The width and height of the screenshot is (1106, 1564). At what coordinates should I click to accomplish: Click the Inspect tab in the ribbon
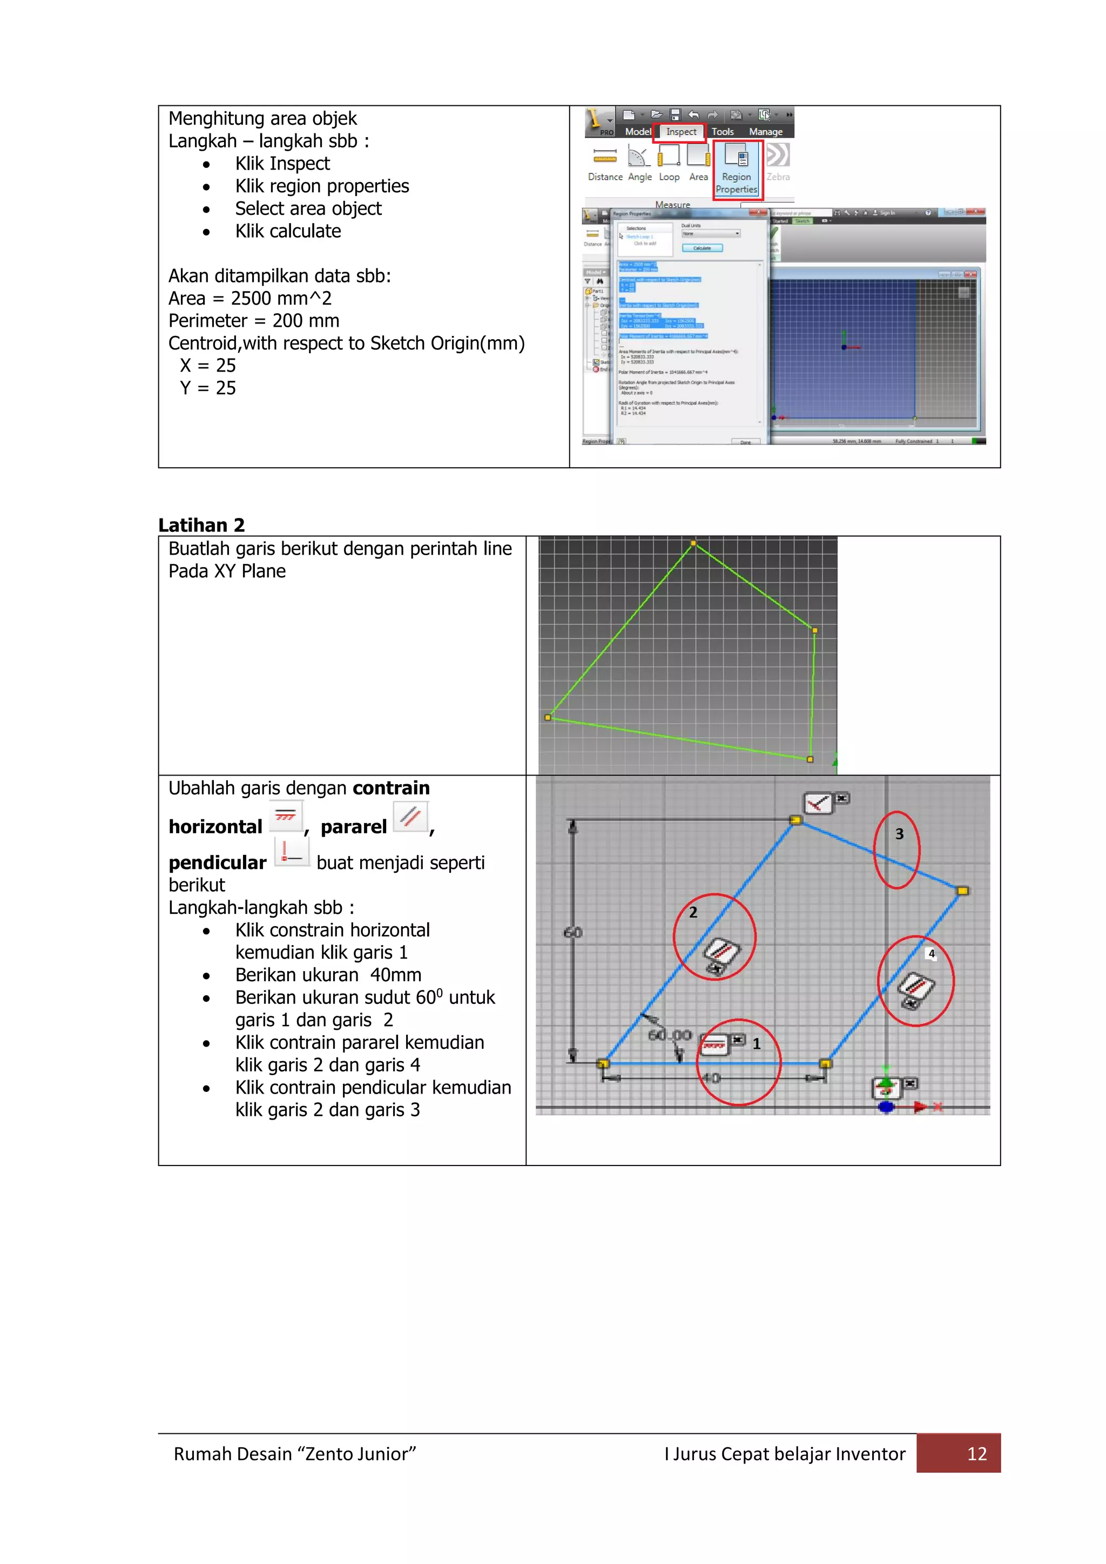680,132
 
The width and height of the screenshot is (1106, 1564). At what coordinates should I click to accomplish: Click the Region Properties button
737,170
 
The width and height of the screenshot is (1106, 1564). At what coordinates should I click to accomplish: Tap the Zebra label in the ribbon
778,177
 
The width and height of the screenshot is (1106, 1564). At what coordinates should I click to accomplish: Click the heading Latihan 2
201,524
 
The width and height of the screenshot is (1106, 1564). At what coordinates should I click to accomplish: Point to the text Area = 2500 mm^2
250,298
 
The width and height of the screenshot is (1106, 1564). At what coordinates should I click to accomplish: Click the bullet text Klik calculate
288,232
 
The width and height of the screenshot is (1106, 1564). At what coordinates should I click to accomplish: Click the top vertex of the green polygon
693,543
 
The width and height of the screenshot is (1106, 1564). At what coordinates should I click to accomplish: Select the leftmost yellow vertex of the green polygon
548,717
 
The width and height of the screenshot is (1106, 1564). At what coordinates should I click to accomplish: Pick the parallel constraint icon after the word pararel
410,817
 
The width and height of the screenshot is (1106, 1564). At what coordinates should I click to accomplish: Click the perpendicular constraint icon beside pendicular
292,852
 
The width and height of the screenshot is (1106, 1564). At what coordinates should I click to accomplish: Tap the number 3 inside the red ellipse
899,834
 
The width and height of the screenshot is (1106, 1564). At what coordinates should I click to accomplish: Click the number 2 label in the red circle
693,913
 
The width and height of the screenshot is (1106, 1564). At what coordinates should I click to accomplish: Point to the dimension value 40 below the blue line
712,1077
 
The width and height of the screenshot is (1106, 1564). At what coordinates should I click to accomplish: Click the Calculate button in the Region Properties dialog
702,248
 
